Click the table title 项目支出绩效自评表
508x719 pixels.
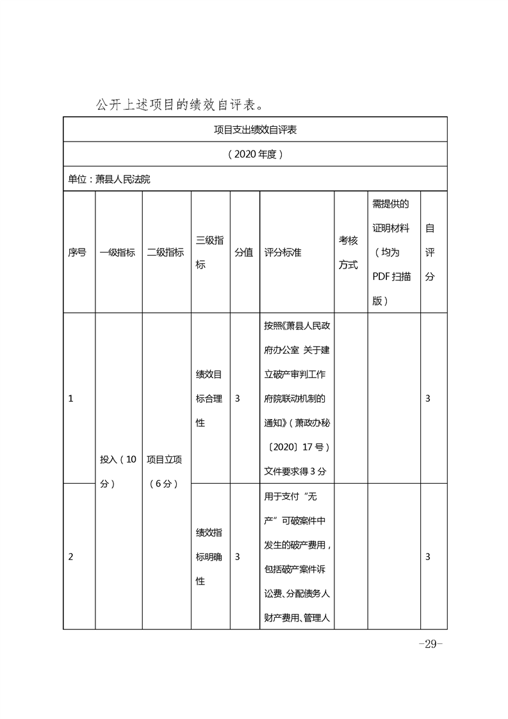click(255, 129)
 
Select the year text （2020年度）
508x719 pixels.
click(255, 154)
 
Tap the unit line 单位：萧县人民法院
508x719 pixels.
click(110, 179)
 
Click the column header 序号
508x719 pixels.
click(78, 252)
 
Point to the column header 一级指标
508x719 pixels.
click(118, 252)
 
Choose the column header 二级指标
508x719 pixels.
click(165, 252)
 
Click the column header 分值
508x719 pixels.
click(243, 252)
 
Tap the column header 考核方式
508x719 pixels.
click(348, 252)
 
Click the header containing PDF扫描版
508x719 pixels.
click(393, 252)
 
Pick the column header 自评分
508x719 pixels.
click(430, 252)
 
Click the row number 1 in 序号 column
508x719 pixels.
click(70, 399)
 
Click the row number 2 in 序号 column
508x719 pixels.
click(70, 557)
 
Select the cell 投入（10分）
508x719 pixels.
click(118, 472)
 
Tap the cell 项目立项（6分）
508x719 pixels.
click(165, 472)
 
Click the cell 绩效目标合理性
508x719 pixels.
click(209, 399)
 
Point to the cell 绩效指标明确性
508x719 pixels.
click(209, 557)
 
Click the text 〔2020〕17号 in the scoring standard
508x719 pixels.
click(297, 447)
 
